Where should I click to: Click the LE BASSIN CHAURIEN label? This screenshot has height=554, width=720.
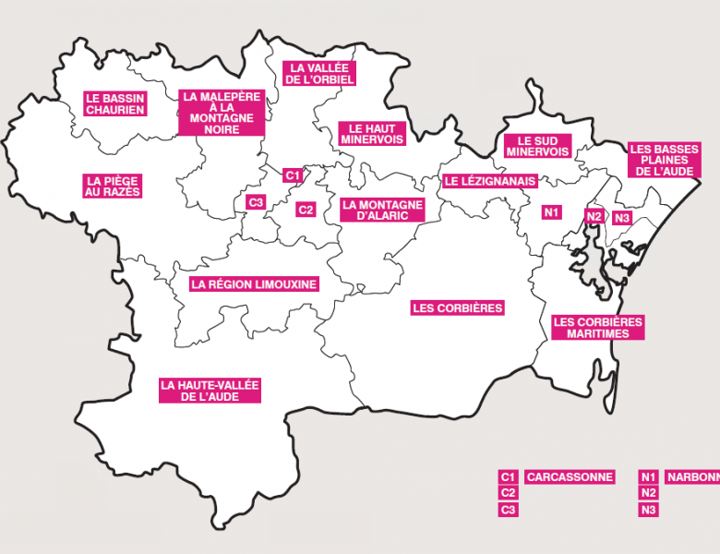115,102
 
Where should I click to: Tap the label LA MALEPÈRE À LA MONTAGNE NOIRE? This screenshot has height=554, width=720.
222,113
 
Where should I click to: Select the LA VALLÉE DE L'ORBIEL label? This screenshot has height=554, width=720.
320,74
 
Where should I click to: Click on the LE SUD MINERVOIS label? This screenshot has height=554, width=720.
537,146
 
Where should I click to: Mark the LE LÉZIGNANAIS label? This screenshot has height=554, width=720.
489,181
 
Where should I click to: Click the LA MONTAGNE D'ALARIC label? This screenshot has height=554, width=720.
382,210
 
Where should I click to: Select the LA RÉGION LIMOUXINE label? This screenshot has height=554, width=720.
254,284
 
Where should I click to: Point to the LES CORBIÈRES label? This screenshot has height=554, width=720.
457,307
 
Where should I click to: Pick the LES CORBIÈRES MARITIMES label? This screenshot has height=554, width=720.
597,328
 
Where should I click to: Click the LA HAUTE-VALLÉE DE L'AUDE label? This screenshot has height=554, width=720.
210,390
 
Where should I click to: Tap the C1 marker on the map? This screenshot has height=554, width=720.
291,175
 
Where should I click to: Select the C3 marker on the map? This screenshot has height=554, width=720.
256,201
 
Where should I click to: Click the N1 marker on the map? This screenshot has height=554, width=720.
552,212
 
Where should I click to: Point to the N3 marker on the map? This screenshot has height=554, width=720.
621,218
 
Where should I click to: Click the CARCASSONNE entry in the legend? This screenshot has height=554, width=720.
570,477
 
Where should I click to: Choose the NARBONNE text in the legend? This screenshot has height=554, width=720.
691,477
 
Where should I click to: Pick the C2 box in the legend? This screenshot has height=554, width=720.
507,493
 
